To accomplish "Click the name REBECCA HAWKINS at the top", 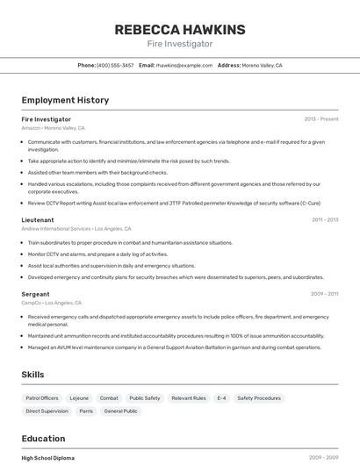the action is pos(179,29).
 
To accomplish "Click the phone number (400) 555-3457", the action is pos(115,65).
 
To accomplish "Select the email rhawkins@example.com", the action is pos(184,65).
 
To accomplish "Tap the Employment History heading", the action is pos(65,100).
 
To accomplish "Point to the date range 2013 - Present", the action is pos(320,118).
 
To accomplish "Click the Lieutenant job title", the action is pos(38,219).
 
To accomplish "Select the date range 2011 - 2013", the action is pos(324,219).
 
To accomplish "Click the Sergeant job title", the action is pos(35,294).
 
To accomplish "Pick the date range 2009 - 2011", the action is pos(324,294).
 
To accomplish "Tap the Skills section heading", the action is pos(32,375).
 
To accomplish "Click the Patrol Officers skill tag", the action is pos(42,398).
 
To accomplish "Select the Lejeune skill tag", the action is pos(79,398).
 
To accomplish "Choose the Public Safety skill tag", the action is pos(145,398).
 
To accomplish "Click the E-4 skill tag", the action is pos(221,398).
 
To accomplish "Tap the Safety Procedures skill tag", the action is pos(259,398).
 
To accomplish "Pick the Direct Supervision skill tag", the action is pos(47,411).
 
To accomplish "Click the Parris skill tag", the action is pos(86,411).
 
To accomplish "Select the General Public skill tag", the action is pos(120,411).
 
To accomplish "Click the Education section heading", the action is pos(43,439).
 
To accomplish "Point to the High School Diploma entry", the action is pos(48,457).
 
